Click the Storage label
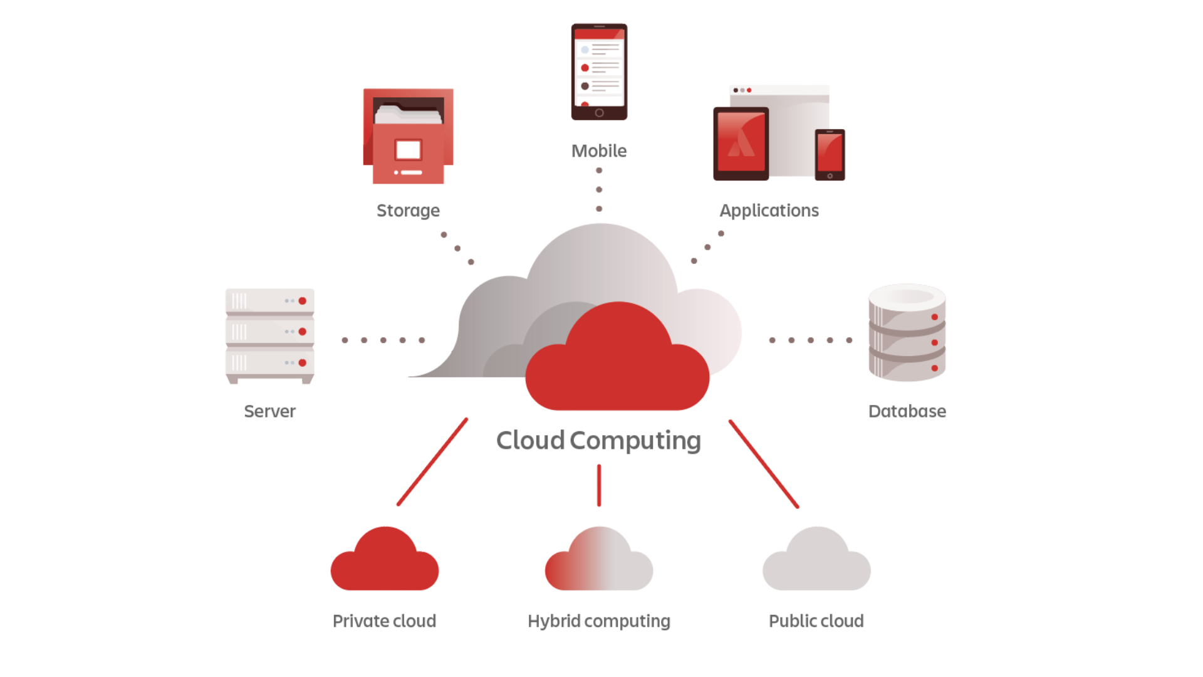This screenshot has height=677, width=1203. pyautogui.click(x=408, y=211)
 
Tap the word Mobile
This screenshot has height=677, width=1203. pyautogui.click(x=599, y=151)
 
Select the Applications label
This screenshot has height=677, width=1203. pyautogui.click(x=769, y=211)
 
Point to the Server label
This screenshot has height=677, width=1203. pyautogui.click(x=270, y=411)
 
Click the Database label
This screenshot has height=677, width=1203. pyautogui.click(x=907, y=411)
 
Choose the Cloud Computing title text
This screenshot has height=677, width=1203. pyautogui.click(x=598, y=441)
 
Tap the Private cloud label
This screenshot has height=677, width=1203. pyautogui.click(x=384, y=621)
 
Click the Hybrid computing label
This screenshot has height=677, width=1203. pyautogui.click(x=599, y=621)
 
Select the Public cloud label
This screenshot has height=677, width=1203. pyautogui.click(x=816, y=621)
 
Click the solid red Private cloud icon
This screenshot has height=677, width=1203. pyautogui.click(x=385, y=563)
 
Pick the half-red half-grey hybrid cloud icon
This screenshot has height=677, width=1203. pyautogui.click(x=599, y=563)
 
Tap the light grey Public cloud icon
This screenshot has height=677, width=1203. pyautogui.click(x=816, y=563)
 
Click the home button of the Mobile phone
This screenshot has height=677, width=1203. pyautogui.click(x=599, y=113)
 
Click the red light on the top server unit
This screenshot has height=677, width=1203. pyautogui.click(x=303, y=301)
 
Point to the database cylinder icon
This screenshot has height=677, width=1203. pyautogui.click(x=907, y=332)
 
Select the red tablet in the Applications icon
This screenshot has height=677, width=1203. pyautogui.click(x=741, y=143)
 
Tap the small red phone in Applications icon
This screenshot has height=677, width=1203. pyautogui.click(x=830, y=154)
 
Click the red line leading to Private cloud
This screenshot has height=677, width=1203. pyautogui.click(x=432, y=461)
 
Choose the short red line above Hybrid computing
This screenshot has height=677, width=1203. pyautogui.click(x=599, y=485)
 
